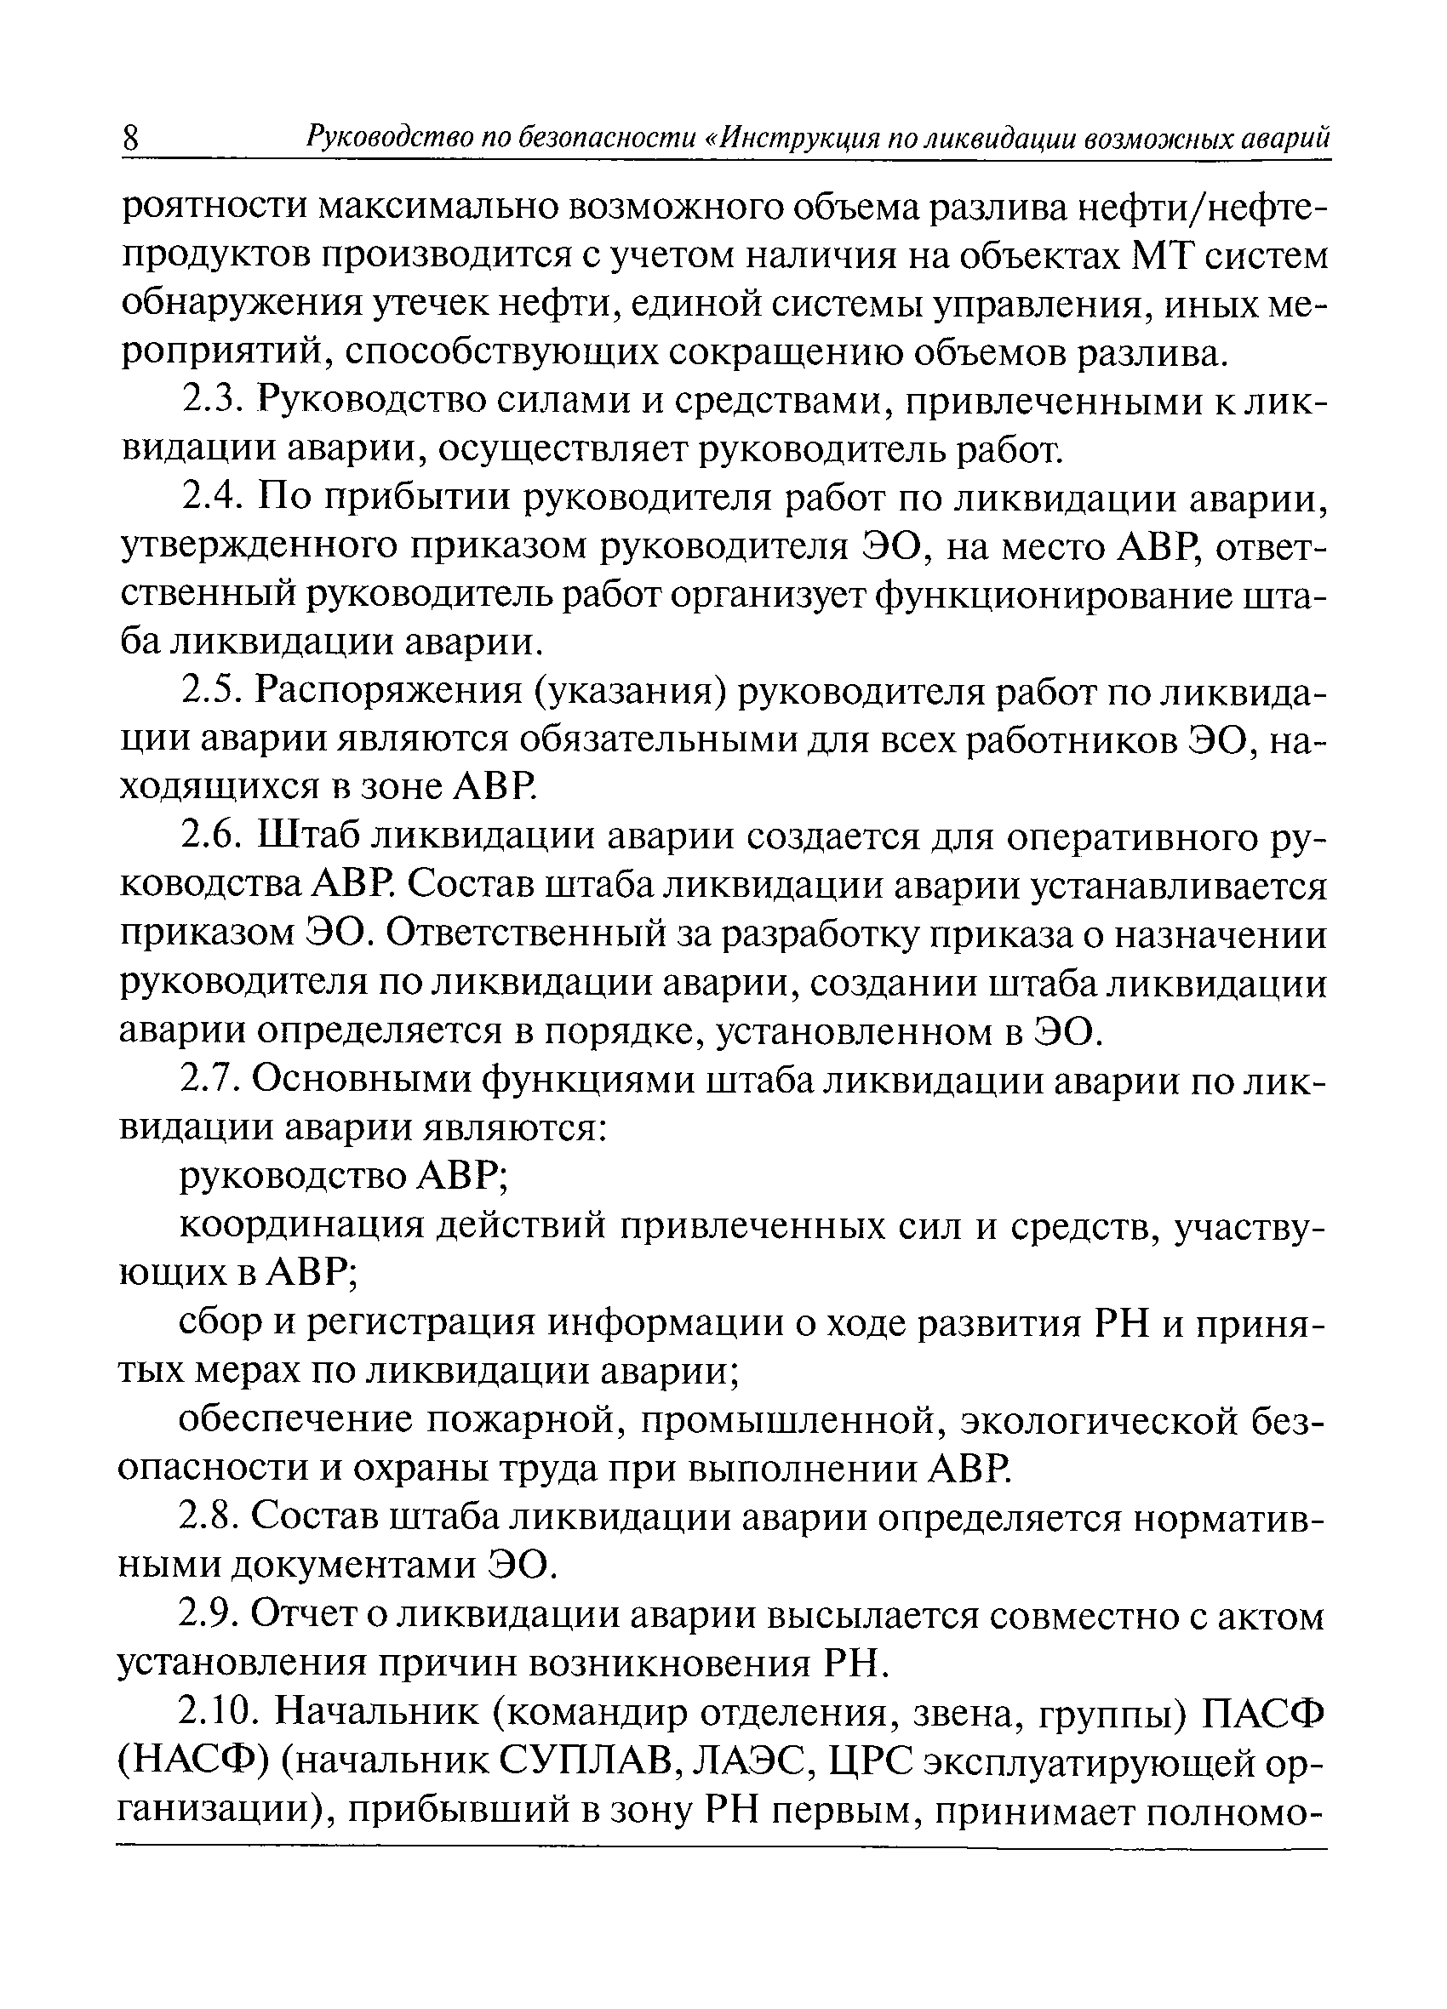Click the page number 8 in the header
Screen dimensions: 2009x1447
130,140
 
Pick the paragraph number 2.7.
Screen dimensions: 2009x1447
210,1081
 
